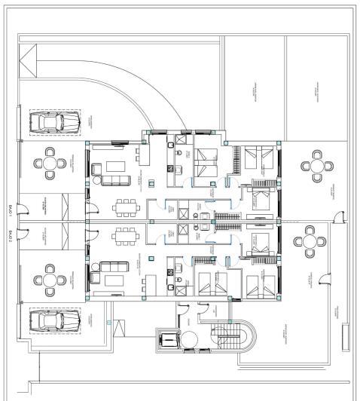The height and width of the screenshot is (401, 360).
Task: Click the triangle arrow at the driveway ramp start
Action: [x=29, y=57]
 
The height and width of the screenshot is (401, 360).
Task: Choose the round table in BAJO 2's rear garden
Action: [x=310, y=241]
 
